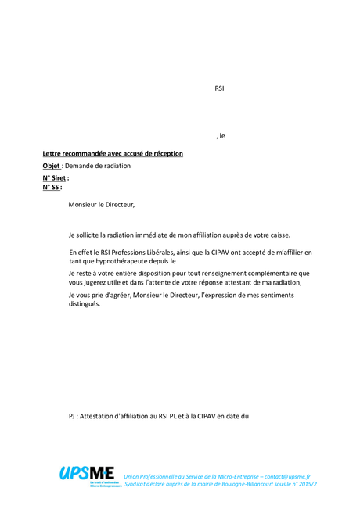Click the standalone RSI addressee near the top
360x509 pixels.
point(219,88)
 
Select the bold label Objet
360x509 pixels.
point(51,166)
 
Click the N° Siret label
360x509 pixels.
point(55,178)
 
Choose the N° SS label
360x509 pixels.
point(52,188)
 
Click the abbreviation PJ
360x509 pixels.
point(73,416)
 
